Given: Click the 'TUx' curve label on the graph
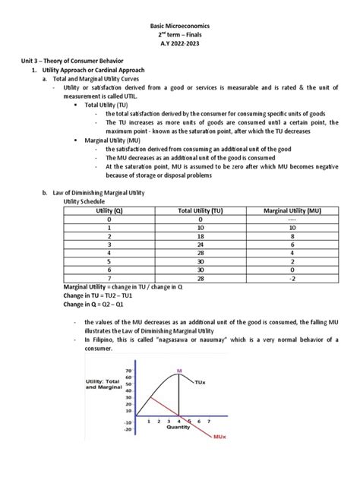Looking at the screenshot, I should [x=200, y=381].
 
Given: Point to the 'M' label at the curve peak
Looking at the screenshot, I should [x=180, y=371].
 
